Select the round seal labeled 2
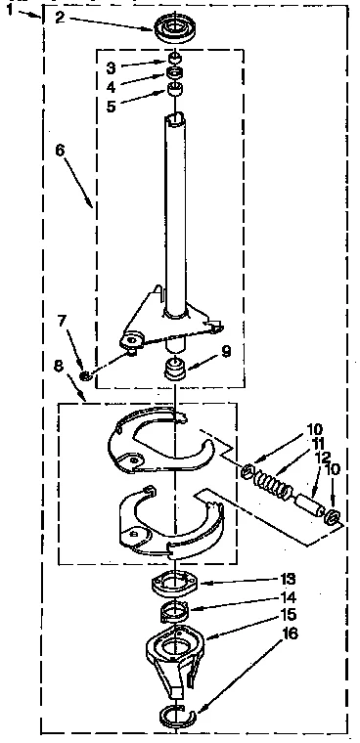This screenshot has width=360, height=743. coord(175,24)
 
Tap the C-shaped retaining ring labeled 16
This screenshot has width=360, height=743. coord(175,714)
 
